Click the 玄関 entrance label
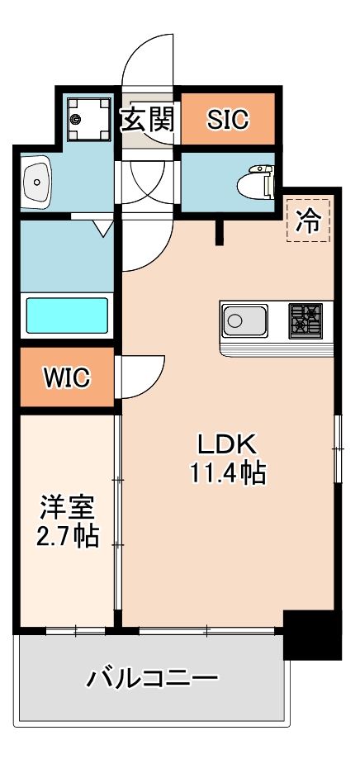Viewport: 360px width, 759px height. pyautogui.click(x=149, y=121)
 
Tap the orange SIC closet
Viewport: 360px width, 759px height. pyautogui.click(x=226, y=120)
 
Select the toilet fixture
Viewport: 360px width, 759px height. pyautogui.click(x=258, y=181)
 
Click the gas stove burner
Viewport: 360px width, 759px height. pyautogui.click(x=306, y=320)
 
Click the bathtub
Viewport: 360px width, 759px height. pyautogui.click(x=68, y=315)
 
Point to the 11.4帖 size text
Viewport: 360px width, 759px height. pyautogui.click(x=228, y=473)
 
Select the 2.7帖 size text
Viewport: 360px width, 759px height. pyautogui.click(x=68, y=537)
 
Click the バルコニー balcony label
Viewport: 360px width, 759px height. pyautogui.click(x=153, y=680)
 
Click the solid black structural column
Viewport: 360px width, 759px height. pyautogui.click(x=311, y=635)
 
